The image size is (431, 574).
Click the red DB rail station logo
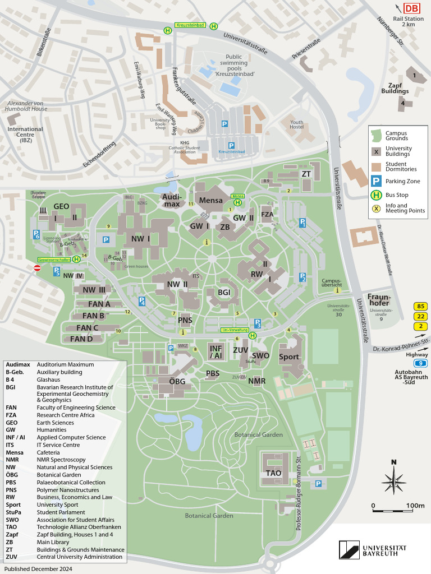pyautogui.click(x=412, y=8)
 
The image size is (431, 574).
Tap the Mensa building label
pyautogui.click(x=211, y=200)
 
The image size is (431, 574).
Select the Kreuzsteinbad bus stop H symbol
pyautogui.click(x=167, y=30)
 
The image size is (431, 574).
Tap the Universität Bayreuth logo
pyautogui.click(x=373, y=549)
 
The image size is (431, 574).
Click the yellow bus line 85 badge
pyautogui.click(x=420, y=307)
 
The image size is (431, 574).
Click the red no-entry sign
pyautogui.click(x=38, y=269)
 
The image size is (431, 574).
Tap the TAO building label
pyautogui.click(x=274, y=473)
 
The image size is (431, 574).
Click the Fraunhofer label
pyautogui.click(x=379, y=300)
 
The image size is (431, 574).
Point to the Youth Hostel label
pyautogui.click(x=296, y=125)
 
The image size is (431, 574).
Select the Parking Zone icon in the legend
pyautogui.click(x=377, y=181)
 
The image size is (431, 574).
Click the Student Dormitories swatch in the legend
pyautogui.click(x=377, y=166)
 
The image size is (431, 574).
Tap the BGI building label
pyautogui.click(x=224, y=292)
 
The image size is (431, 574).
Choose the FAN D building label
pyautogui.click(x=81, y=339)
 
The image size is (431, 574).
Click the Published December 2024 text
pyautogui.click(x=38, y=569)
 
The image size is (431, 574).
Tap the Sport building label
pyautogui.click(x=289, y=357)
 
